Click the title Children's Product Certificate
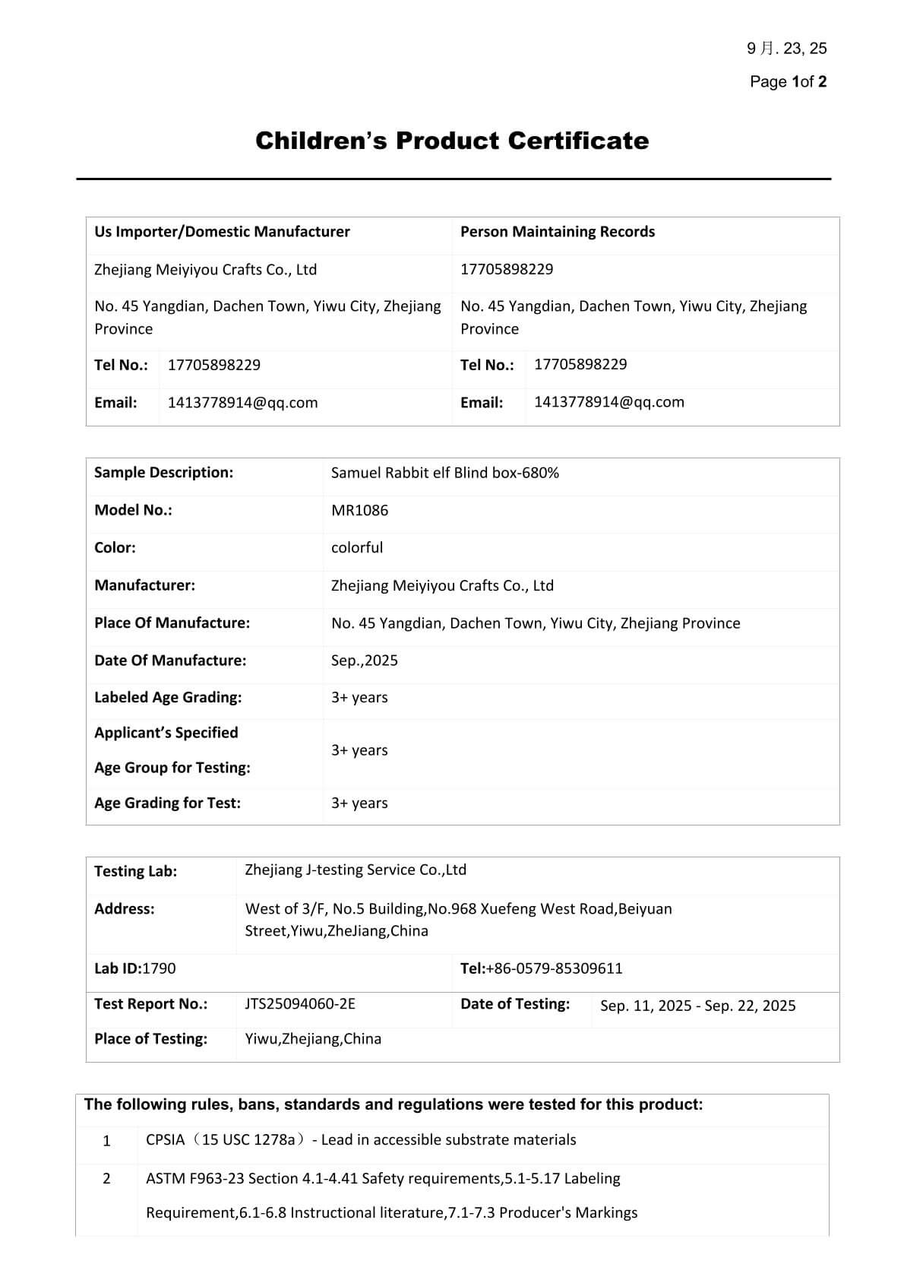coord(452,141)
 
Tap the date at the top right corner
coord(787,49)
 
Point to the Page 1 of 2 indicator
coord(788,81)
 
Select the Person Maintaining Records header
coord(557,232)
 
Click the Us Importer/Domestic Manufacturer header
coord(222,232)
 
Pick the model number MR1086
coord(359,510)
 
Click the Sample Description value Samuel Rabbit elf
coord(444,473)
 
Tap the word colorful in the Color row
coord(357,547)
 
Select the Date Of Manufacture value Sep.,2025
coord(364,661)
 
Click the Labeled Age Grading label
coord(168,698)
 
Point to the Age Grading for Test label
coord(167,803)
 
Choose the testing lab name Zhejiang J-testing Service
coord(356,870)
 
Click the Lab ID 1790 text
coord(134,968)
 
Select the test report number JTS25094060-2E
coord(300,1004)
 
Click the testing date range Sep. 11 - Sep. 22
coord(697,1006)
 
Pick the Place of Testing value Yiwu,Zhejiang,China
coord(313,1039)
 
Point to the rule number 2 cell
coord(106,1179)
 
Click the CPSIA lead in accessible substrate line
coord(361,1140)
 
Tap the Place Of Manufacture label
coord(172,623)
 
